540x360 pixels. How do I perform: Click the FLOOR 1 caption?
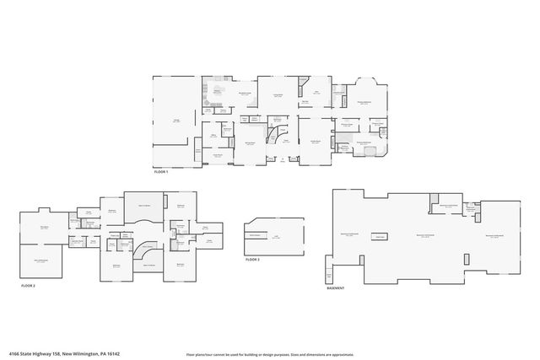coord(161,172)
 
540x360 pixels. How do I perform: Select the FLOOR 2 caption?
coord(29,286)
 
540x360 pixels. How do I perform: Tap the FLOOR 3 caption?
coord(252,260)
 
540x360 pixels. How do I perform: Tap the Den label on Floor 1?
coord(316,92)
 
